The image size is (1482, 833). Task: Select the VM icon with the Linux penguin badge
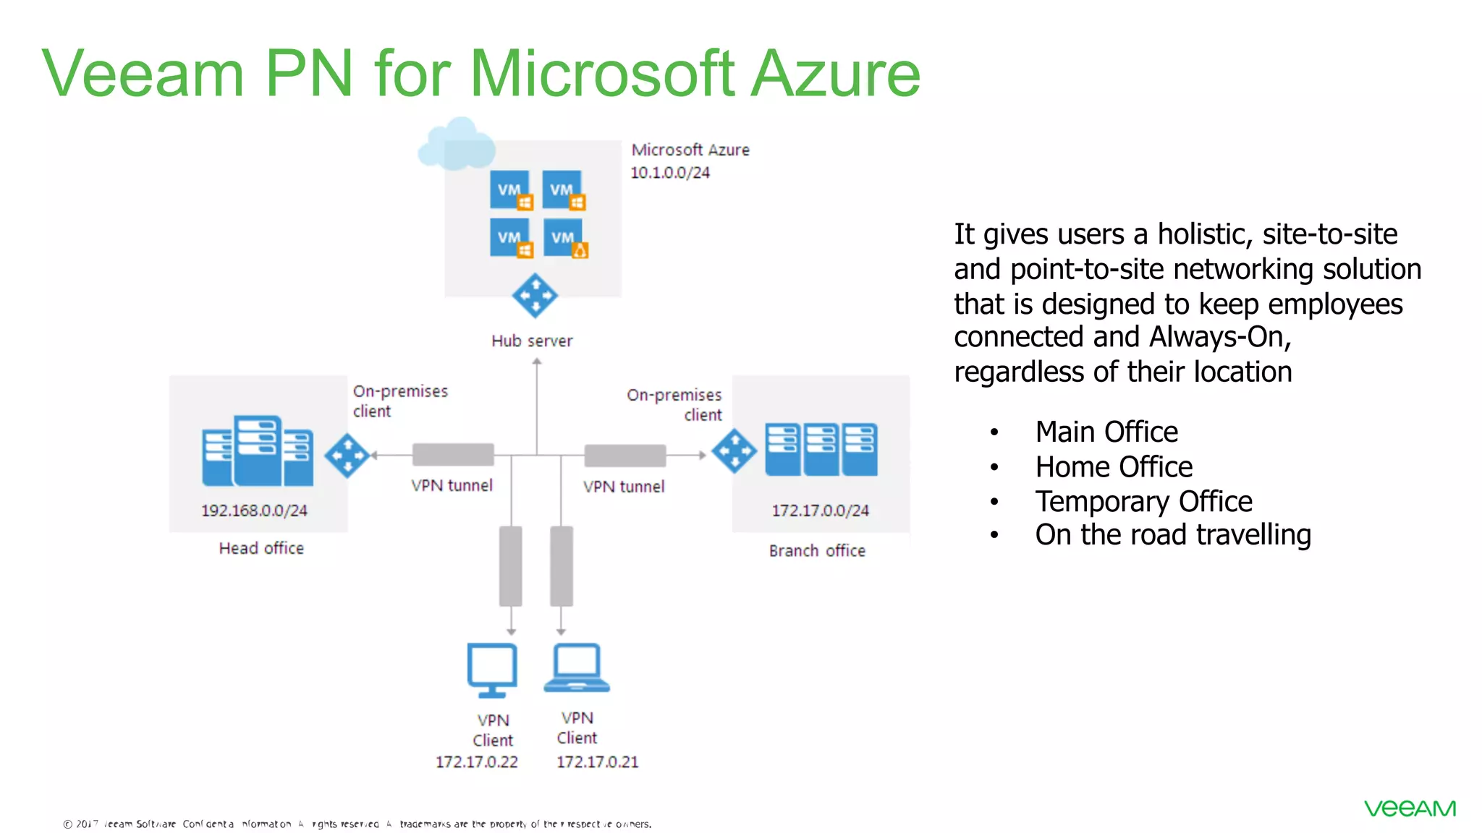[x=566, y=239]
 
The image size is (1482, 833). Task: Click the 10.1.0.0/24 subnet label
[x=670, y=173]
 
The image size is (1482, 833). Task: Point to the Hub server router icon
[x=534, y=295]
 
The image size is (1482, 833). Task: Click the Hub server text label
[x=532, y=341]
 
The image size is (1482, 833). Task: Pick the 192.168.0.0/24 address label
[x=254, y=511]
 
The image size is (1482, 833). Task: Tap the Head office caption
[x=261, y=548]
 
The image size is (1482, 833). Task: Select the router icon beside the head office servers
[x=347, y=456]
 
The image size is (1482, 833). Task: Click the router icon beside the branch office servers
[x=734, y=451]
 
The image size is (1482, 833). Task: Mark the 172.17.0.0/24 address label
[x=820, y=511]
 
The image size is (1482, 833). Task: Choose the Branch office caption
[x=817, y=551]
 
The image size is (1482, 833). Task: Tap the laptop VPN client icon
[x=577, y=667]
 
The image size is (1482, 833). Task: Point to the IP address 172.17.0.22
[x=477, y=762]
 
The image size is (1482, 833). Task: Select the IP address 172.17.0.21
[x=598, y=762]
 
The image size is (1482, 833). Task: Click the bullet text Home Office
[x=1114, y=467]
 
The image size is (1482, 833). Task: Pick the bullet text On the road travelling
[x=1173, y=535]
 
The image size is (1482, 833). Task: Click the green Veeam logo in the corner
[x=1410, y=808]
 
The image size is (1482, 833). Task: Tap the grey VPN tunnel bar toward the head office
[x=453, y=455]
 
